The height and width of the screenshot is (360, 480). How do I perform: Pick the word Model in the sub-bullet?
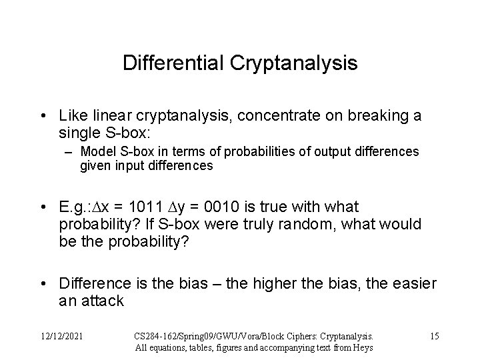point(96,152)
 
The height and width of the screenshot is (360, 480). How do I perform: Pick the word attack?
point(103,301)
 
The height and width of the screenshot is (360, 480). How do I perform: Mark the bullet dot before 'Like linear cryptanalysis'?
point(43,117)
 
